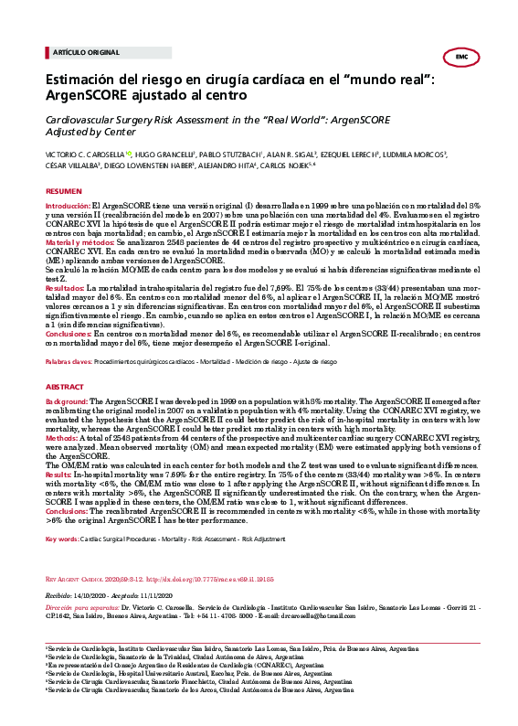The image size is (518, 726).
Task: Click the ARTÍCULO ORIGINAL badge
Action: [x=75, y=54]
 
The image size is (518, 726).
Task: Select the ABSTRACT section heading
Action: [x=64, y=387]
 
